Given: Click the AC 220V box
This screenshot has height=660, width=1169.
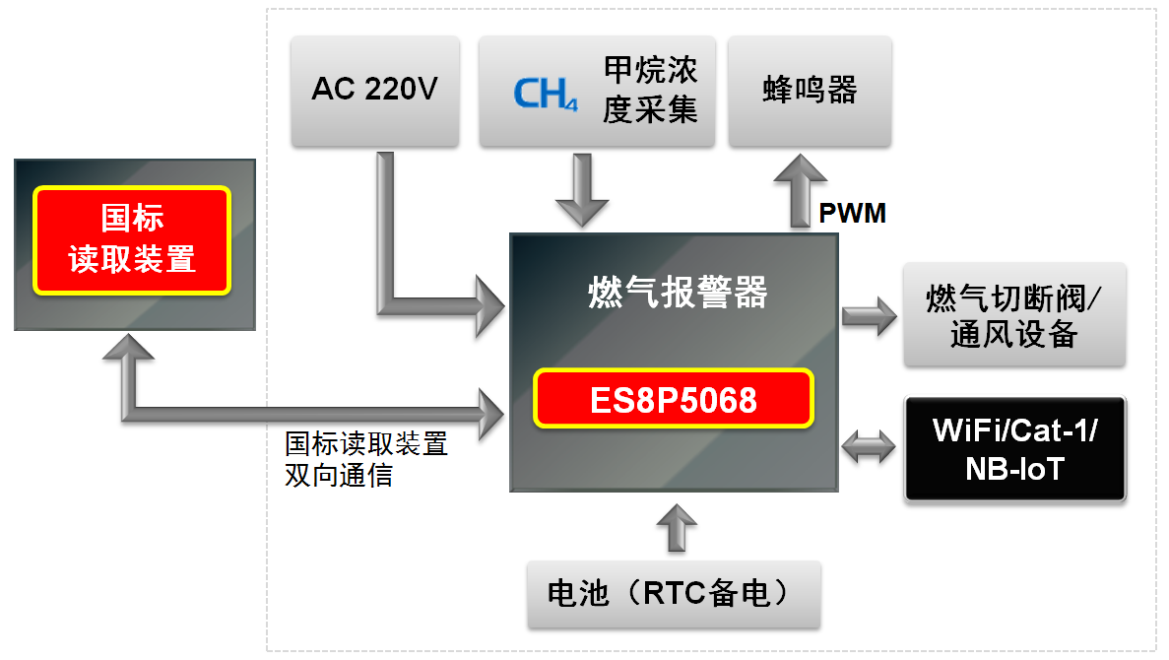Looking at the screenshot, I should tap(375, 91).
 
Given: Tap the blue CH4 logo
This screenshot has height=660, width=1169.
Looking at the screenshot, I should tap(545, 93).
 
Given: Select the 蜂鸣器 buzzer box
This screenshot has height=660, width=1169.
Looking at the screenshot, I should tap(810, 91).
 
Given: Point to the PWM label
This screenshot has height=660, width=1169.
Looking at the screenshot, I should tap(852, 212).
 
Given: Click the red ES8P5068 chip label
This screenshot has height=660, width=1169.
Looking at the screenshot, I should tap(675, 399).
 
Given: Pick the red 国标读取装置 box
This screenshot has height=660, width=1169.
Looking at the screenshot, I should tap(133, 239).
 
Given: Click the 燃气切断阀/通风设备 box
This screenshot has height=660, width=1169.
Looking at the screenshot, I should tap(1013, 315).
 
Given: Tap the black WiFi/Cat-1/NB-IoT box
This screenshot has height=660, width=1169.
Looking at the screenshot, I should tap(1013, 449).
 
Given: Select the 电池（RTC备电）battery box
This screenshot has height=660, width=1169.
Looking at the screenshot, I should tap(674, 594).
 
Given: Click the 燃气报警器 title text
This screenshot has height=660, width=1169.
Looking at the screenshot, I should tap(676, 293).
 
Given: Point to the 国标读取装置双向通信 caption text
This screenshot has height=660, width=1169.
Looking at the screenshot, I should tap(365, 459).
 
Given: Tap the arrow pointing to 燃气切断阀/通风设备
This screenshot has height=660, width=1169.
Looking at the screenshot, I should tap(870, 317).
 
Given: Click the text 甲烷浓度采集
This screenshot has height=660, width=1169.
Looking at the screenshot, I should tap(650, 91).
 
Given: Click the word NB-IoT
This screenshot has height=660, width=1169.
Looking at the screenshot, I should tap(1014, 468).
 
